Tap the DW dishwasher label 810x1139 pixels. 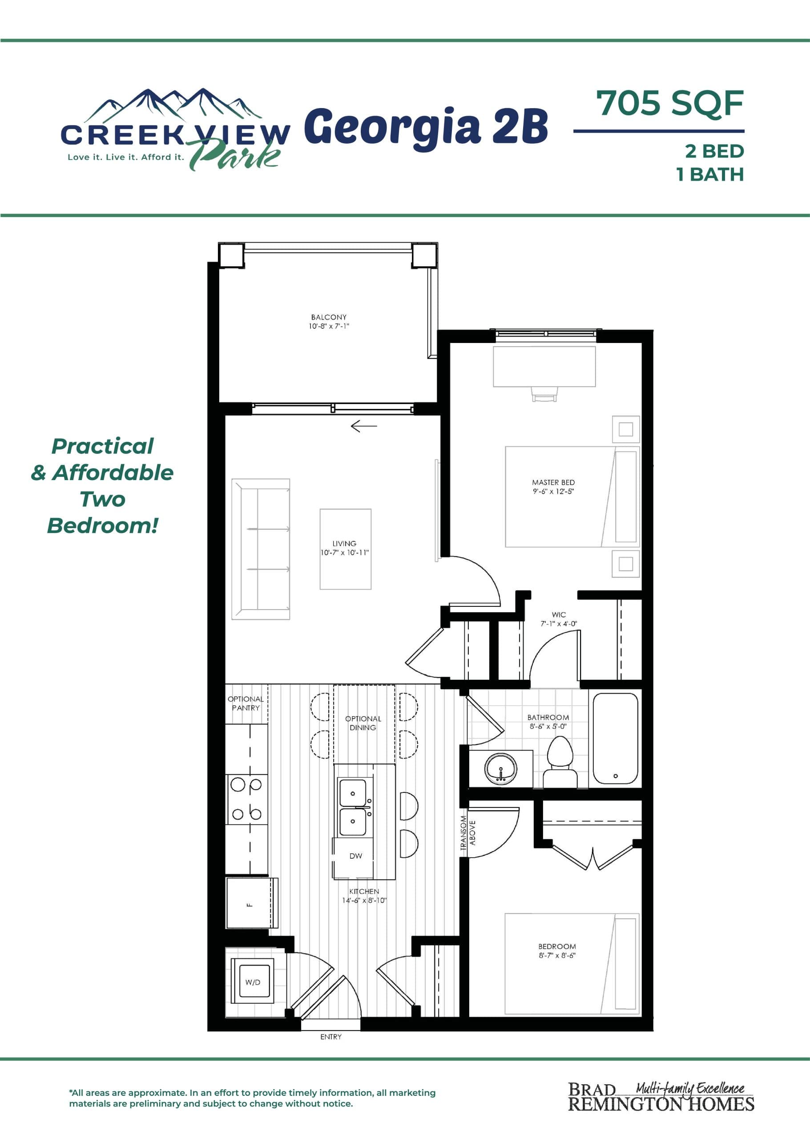355,856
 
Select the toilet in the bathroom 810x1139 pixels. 560,763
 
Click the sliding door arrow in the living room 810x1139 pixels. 363,426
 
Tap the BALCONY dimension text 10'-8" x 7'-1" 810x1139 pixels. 329,326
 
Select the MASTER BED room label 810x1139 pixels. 553,482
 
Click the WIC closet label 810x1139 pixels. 559,614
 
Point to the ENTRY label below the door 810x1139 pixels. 330,1037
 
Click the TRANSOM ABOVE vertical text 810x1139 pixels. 467,833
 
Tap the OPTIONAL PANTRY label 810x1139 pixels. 246,703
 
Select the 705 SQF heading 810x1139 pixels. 669,104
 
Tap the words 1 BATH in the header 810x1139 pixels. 710,174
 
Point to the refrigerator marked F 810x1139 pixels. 251,903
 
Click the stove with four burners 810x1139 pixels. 246,799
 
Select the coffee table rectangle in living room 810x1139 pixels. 345,549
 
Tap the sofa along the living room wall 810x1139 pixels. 260,549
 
